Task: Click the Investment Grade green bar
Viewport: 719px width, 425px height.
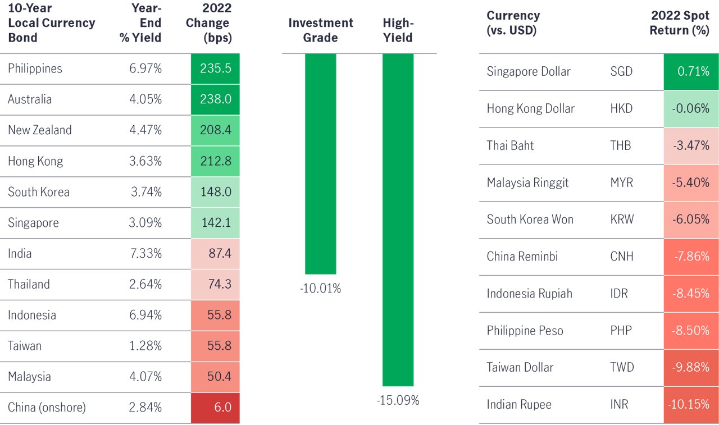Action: click(x=320, y=163)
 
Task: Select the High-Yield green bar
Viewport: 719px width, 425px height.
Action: click(x=398, y=220)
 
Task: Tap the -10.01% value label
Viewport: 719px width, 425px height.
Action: click(x=320, y=289)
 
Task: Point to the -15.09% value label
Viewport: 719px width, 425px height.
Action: click(x=398, y=401)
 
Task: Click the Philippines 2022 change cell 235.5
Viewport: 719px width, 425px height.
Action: click(x=216, y=68)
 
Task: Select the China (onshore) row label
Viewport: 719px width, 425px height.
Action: click(x=47, y=407)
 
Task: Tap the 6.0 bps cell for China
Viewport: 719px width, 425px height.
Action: click(x=216, y=407)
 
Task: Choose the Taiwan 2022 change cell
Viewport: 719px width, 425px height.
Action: click(x=216, y=345)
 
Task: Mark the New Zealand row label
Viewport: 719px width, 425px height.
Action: click(x=40, y=130)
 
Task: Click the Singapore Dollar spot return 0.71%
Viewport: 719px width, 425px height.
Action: click(x=691, y=72)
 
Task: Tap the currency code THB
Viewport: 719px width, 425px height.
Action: click(x=621, y=146)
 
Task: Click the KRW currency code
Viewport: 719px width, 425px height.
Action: click(x=621, y=220)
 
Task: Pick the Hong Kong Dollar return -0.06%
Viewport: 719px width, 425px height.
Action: click(x=691, y=109)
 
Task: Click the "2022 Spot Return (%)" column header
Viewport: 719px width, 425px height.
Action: click(x=680, y=23)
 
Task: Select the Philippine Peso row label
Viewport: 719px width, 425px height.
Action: click(x=525, y=330)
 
